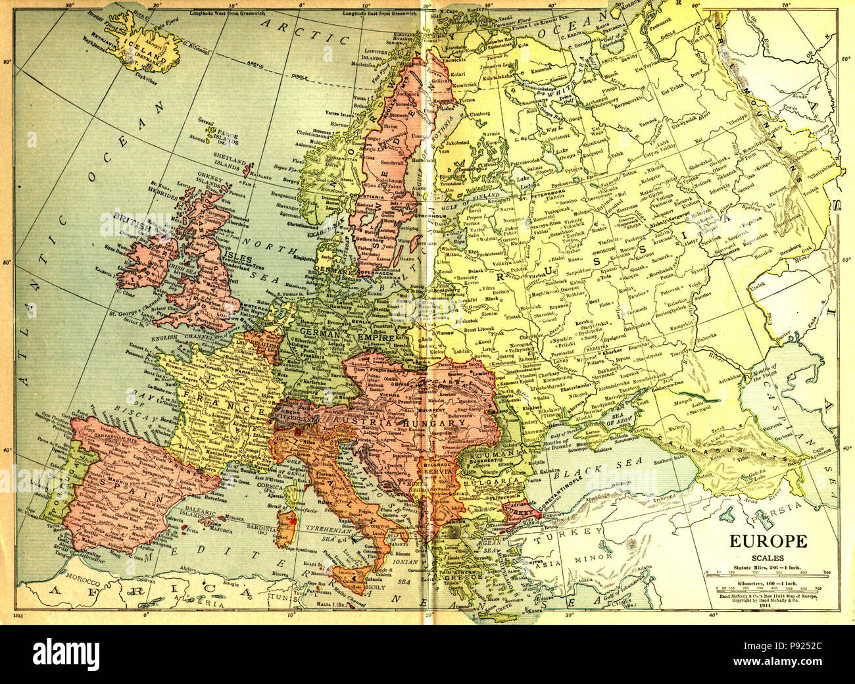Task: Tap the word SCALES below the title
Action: [x=767, y=558]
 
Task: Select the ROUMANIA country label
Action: [x=503, y=454]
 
